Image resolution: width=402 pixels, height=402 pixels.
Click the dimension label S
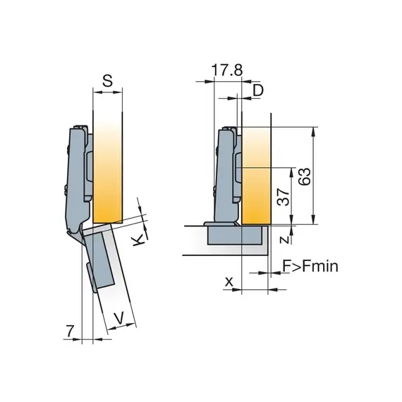(107, 81)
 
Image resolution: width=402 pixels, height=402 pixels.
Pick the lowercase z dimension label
(282, 240)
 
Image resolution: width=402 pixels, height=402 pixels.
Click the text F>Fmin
(310, 266)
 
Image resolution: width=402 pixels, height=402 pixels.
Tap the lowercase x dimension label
(229, 281)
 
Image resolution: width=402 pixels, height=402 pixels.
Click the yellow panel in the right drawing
(257, 176)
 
